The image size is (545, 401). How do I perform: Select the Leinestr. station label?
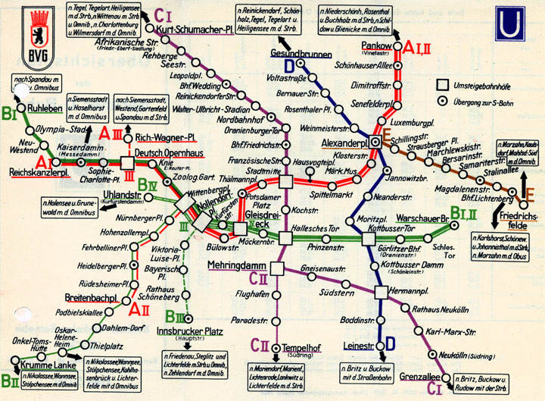[x=355, y=346]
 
